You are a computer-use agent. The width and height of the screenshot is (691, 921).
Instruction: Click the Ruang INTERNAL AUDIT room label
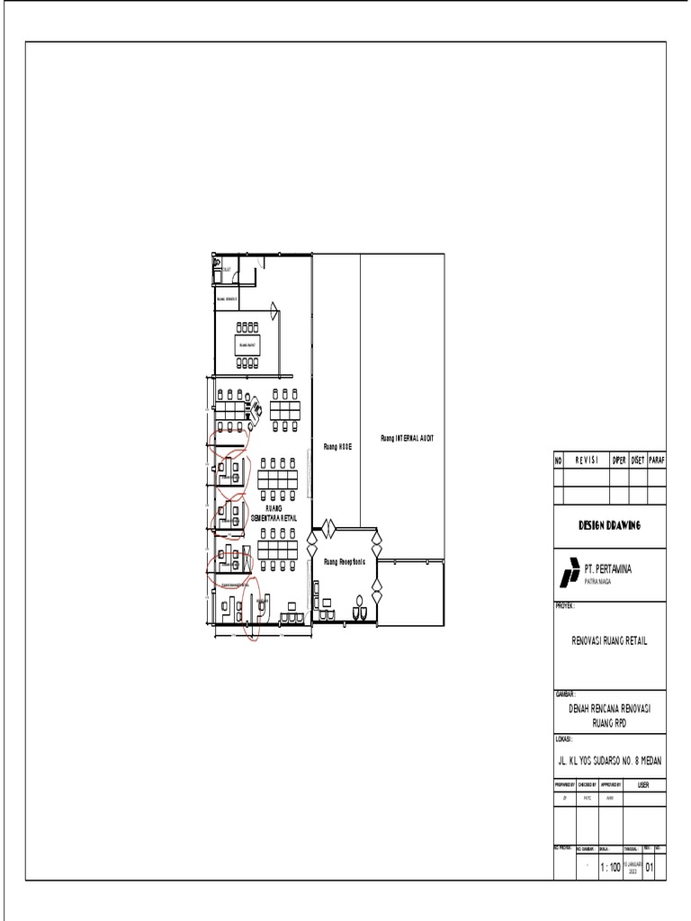(408, 438)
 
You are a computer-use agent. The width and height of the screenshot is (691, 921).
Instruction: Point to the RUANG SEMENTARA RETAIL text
(274, 514)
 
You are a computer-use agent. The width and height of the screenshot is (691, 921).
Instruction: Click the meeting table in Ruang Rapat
(247, 344)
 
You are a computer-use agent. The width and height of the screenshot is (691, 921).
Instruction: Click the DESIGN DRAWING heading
(608, 525)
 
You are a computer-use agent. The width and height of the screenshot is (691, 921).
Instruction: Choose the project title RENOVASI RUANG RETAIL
(609, 640)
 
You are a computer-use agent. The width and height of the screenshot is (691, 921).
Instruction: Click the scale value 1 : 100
(610, 868)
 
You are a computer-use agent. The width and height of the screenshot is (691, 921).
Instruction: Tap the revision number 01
(650, 868)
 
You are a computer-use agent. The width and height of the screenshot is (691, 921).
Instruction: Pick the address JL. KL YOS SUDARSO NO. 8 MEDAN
(609, 760)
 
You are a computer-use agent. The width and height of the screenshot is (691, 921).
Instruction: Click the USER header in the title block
(642, 785)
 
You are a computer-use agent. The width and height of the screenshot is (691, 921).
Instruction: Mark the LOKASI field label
(565, 738)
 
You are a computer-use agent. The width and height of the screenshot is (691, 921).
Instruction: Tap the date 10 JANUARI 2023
(633, 867)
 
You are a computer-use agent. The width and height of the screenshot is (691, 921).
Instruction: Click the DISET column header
(638, 460)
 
